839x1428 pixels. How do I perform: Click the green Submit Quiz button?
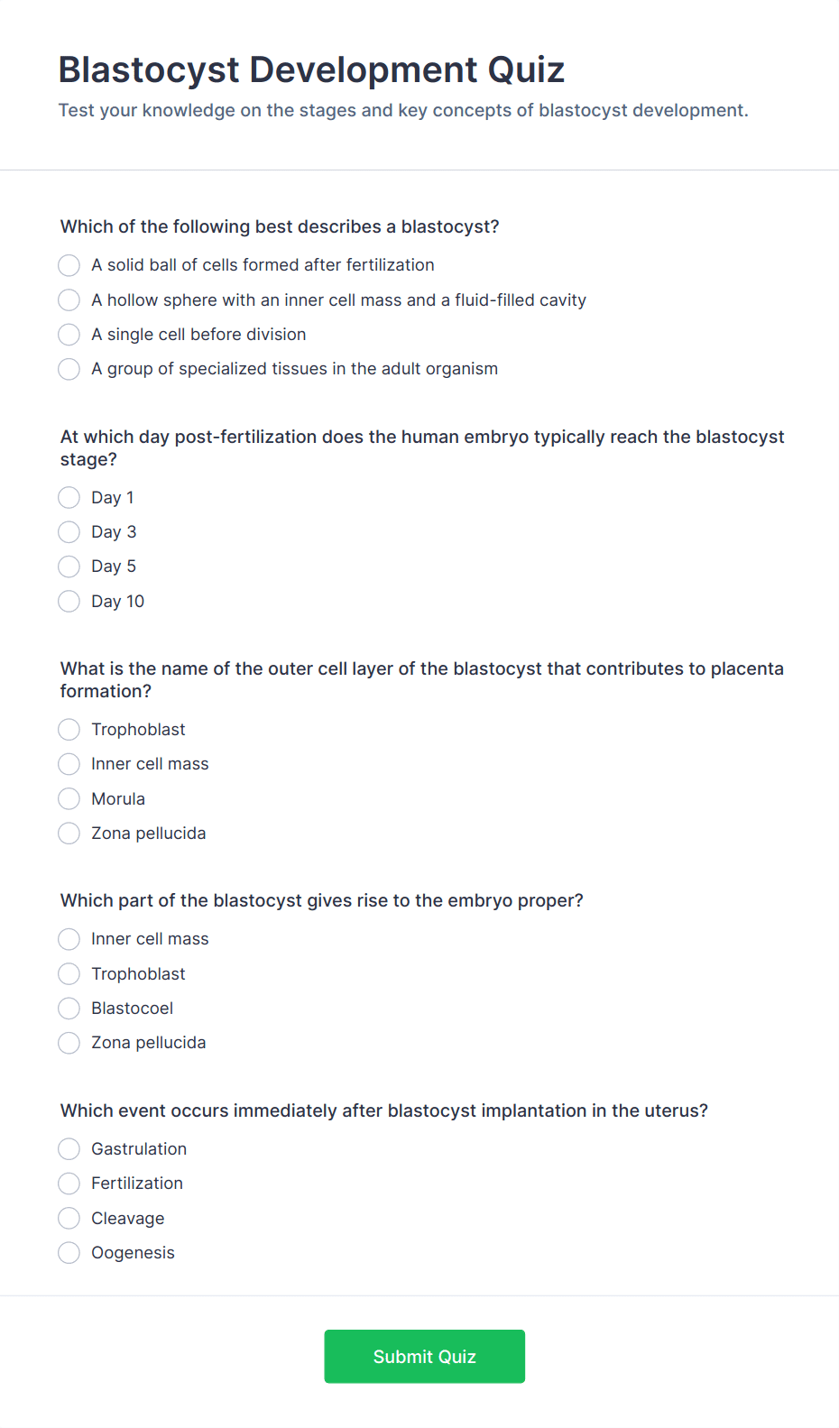tap(424, 1356)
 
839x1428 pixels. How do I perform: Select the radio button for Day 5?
tap(69, 567)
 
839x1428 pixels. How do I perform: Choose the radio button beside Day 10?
tap(69, 602)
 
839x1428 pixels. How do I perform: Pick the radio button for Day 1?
tap(69, 498)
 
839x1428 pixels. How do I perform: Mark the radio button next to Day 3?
tap(69, 532)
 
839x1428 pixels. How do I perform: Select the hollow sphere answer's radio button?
tap(69, 300)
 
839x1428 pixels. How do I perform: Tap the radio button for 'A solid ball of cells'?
tap(69, 265)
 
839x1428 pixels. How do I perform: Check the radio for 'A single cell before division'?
tap(69, 335)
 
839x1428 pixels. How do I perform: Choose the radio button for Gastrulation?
tap(69, 1149)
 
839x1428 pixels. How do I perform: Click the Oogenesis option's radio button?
tap(69, 1253)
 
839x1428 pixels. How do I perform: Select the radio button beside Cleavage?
tap(69, 1219)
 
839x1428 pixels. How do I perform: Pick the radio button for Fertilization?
tap(69, 1184)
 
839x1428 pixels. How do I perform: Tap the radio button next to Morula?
tap(69, 799)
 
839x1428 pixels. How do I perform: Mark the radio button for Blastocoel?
tap(69, 1009)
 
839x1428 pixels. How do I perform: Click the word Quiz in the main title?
tap(526, 70)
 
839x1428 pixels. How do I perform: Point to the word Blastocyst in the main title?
tap(149, 70)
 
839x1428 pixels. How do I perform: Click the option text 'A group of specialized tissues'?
tap(294, 369)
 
